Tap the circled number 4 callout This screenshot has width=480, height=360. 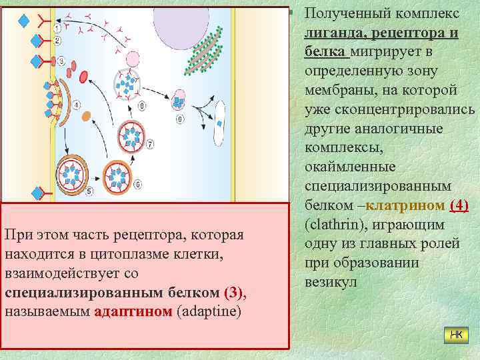tap(77, 105)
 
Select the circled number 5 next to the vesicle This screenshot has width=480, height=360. tap(90, 191)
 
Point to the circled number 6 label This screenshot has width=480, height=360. tap(137, 184)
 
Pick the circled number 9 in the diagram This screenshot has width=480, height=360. tap(179, 119)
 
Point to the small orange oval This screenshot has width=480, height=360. tap(87, 116)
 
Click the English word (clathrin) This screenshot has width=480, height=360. tap(332, 224)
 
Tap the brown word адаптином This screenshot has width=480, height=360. tap(133, 312)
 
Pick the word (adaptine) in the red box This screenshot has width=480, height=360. tap(209, 312)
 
